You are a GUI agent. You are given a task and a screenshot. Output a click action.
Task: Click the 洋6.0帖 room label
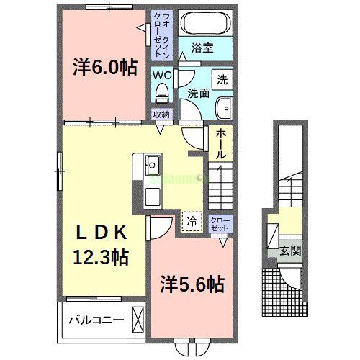(104, 68)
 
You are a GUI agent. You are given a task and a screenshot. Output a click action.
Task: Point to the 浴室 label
(203, 48)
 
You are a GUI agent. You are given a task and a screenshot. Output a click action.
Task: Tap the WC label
(161, 73)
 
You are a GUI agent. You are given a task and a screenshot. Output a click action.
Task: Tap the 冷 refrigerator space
(192, 220)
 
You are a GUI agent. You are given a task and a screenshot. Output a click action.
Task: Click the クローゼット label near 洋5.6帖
(218, 222)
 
